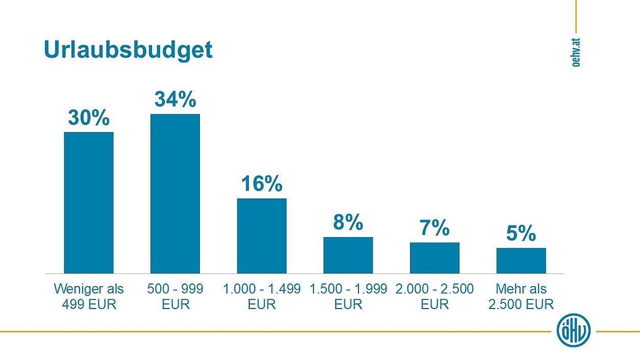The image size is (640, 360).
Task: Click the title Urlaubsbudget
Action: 128,50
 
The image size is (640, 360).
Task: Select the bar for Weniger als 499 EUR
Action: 89,202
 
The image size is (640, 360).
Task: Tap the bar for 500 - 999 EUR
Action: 175,193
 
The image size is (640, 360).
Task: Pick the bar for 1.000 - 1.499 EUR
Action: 262,236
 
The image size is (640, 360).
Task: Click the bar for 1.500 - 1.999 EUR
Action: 348,255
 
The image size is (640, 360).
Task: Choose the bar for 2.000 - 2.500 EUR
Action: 434,258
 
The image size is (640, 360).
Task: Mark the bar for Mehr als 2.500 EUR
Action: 521,261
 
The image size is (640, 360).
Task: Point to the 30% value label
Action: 89,118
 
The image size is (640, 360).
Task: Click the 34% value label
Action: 175,100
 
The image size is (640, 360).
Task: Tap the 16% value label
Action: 262,184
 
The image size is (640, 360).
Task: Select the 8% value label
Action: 348,223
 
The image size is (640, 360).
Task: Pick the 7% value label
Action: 434,228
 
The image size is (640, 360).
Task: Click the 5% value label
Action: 521,234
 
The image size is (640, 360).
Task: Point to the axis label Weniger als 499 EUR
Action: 89,297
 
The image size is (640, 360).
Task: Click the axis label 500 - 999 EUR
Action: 175,297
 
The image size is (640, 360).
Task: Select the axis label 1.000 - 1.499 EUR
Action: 262,297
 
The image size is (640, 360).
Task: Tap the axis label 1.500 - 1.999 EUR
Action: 348,297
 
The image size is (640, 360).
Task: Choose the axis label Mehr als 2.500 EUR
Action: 521,297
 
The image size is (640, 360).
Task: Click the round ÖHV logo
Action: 574,330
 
